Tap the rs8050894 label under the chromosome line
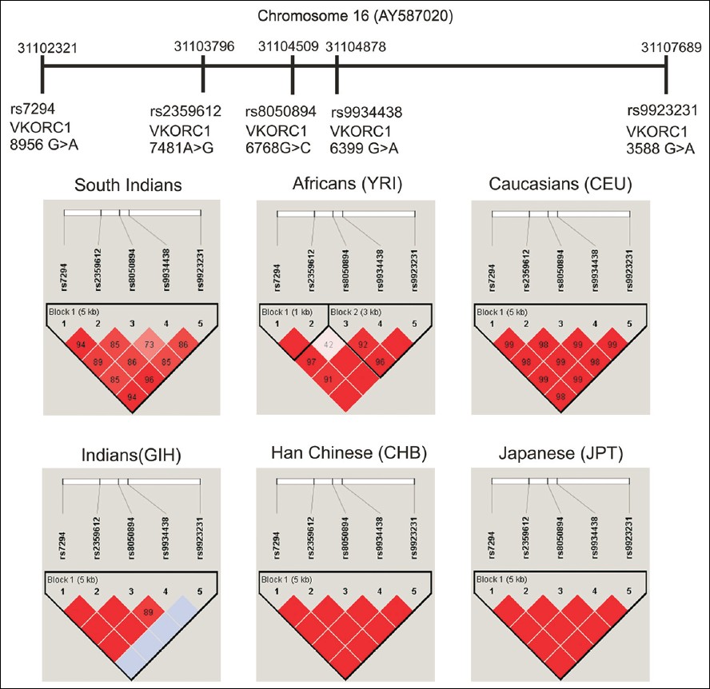coord(281,111)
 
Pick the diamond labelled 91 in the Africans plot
coord(329,379)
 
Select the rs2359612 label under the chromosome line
coord(185,111)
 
